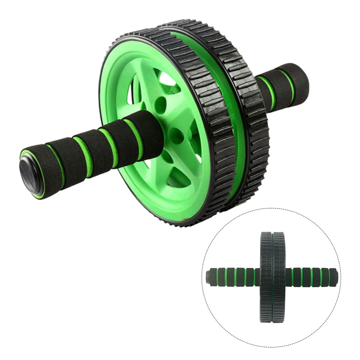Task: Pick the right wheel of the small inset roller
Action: [279, 277]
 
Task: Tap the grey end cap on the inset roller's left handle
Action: [209, 276]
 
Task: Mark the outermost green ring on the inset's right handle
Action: [329, 277]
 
